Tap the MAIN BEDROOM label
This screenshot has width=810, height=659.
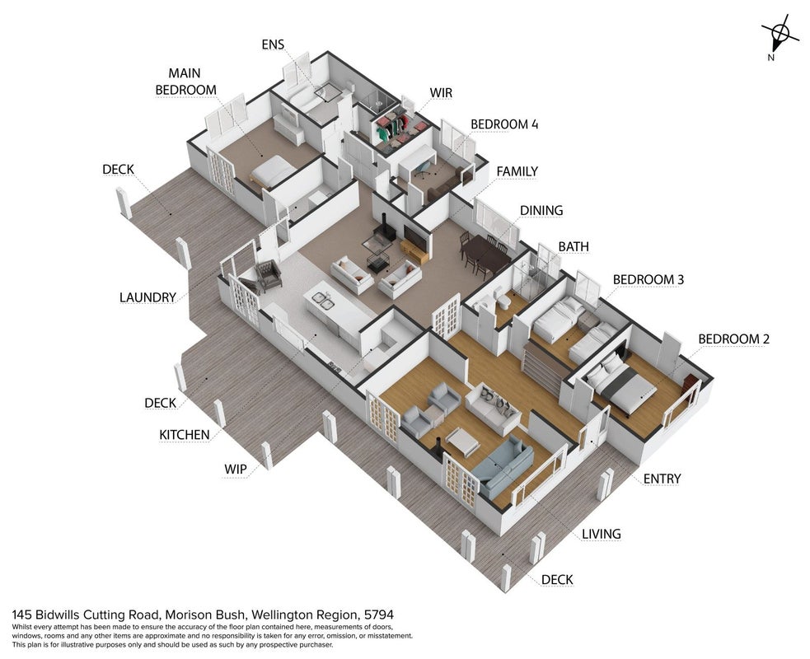(x=185, y=82)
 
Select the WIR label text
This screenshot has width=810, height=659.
(x=441, y=93)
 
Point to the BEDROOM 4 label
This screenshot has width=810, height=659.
(x=504, y=124)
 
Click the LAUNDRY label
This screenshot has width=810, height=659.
(x=147, y=297)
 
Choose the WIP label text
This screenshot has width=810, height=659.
(x=236, y=470)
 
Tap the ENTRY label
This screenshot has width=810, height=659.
(x=662, y=479)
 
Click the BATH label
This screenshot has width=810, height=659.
(x=574, y=247)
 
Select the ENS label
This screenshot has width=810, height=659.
(x=273, y=45)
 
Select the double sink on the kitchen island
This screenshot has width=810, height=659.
(x=321, y=301)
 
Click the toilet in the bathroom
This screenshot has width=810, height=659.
(x=502, y=300)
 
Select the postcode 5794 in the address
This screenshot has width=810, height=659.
(x=379, y=615)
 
